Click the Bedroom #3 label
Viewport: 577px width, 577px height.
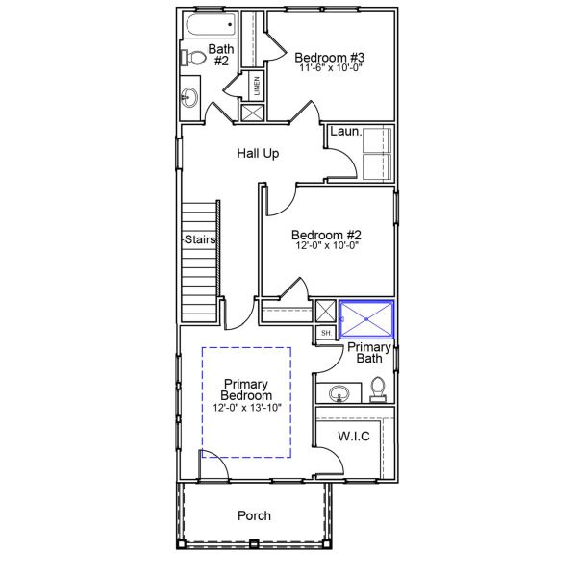pos(330,57)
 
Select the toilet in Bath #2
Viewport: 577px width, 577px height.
pos(193,58)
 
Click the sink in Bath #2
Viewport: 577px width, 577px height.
pos(189,96)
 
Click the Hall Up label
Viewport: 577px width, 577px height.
pos(258,153)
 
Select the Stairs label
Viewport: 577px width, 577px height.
pos(200,239)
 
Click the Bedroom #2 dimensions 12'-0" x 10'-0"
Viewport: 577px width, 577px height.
pos(326,246)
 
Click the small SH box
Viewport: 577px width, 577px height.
pos(325,333)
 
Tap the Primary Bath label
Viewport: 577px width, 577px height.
pos(368,352)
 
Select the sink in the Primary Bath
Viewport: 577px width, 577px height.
pos(339,393)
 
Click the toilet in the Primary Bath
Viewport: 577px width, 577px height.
pos(378,388)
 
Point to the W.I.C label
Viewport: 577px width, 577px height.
pos(353,437)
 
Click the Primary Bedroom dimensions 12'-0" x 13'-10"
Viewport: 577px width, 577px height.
pos(246,408)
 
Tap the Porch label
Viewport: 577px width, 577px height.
pos(254,515)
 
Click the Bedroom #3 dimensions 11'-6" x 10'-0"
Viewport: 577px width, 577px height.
pos(330,69)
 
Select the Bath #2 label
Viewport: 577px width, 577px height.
pos(220,54)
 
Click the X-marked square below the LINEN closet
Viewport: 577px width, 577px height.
pos(252,112)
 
